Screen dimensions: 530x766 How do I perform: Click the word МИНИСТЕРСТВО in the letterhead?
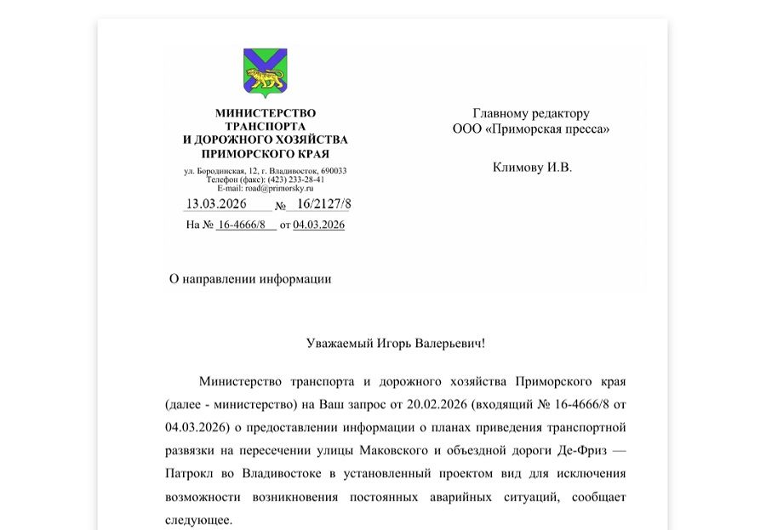pyautogui.click(x=265, y=113)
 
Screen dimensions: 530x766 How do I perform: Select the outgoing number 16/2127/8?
pyautogui.click(x=323, y=204)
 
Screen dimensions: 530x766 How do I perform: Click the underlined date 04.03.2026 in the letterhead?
pyautogui.click(x=318, y=225)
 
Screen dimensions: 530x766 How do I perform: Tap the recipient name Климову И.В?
pyautogui.click(x=532, y=167)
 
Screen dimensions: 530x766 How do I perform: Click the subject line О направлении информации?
pyautogui.click(x=250, y=279)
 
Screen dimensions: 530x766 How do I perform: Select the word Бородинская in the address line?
pyautogui.click(x=217, y=171)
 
